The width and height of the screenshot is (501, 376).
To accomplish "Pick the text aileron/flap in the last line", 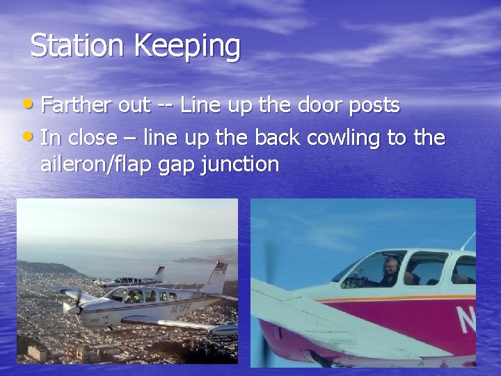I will coord(104,165).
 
